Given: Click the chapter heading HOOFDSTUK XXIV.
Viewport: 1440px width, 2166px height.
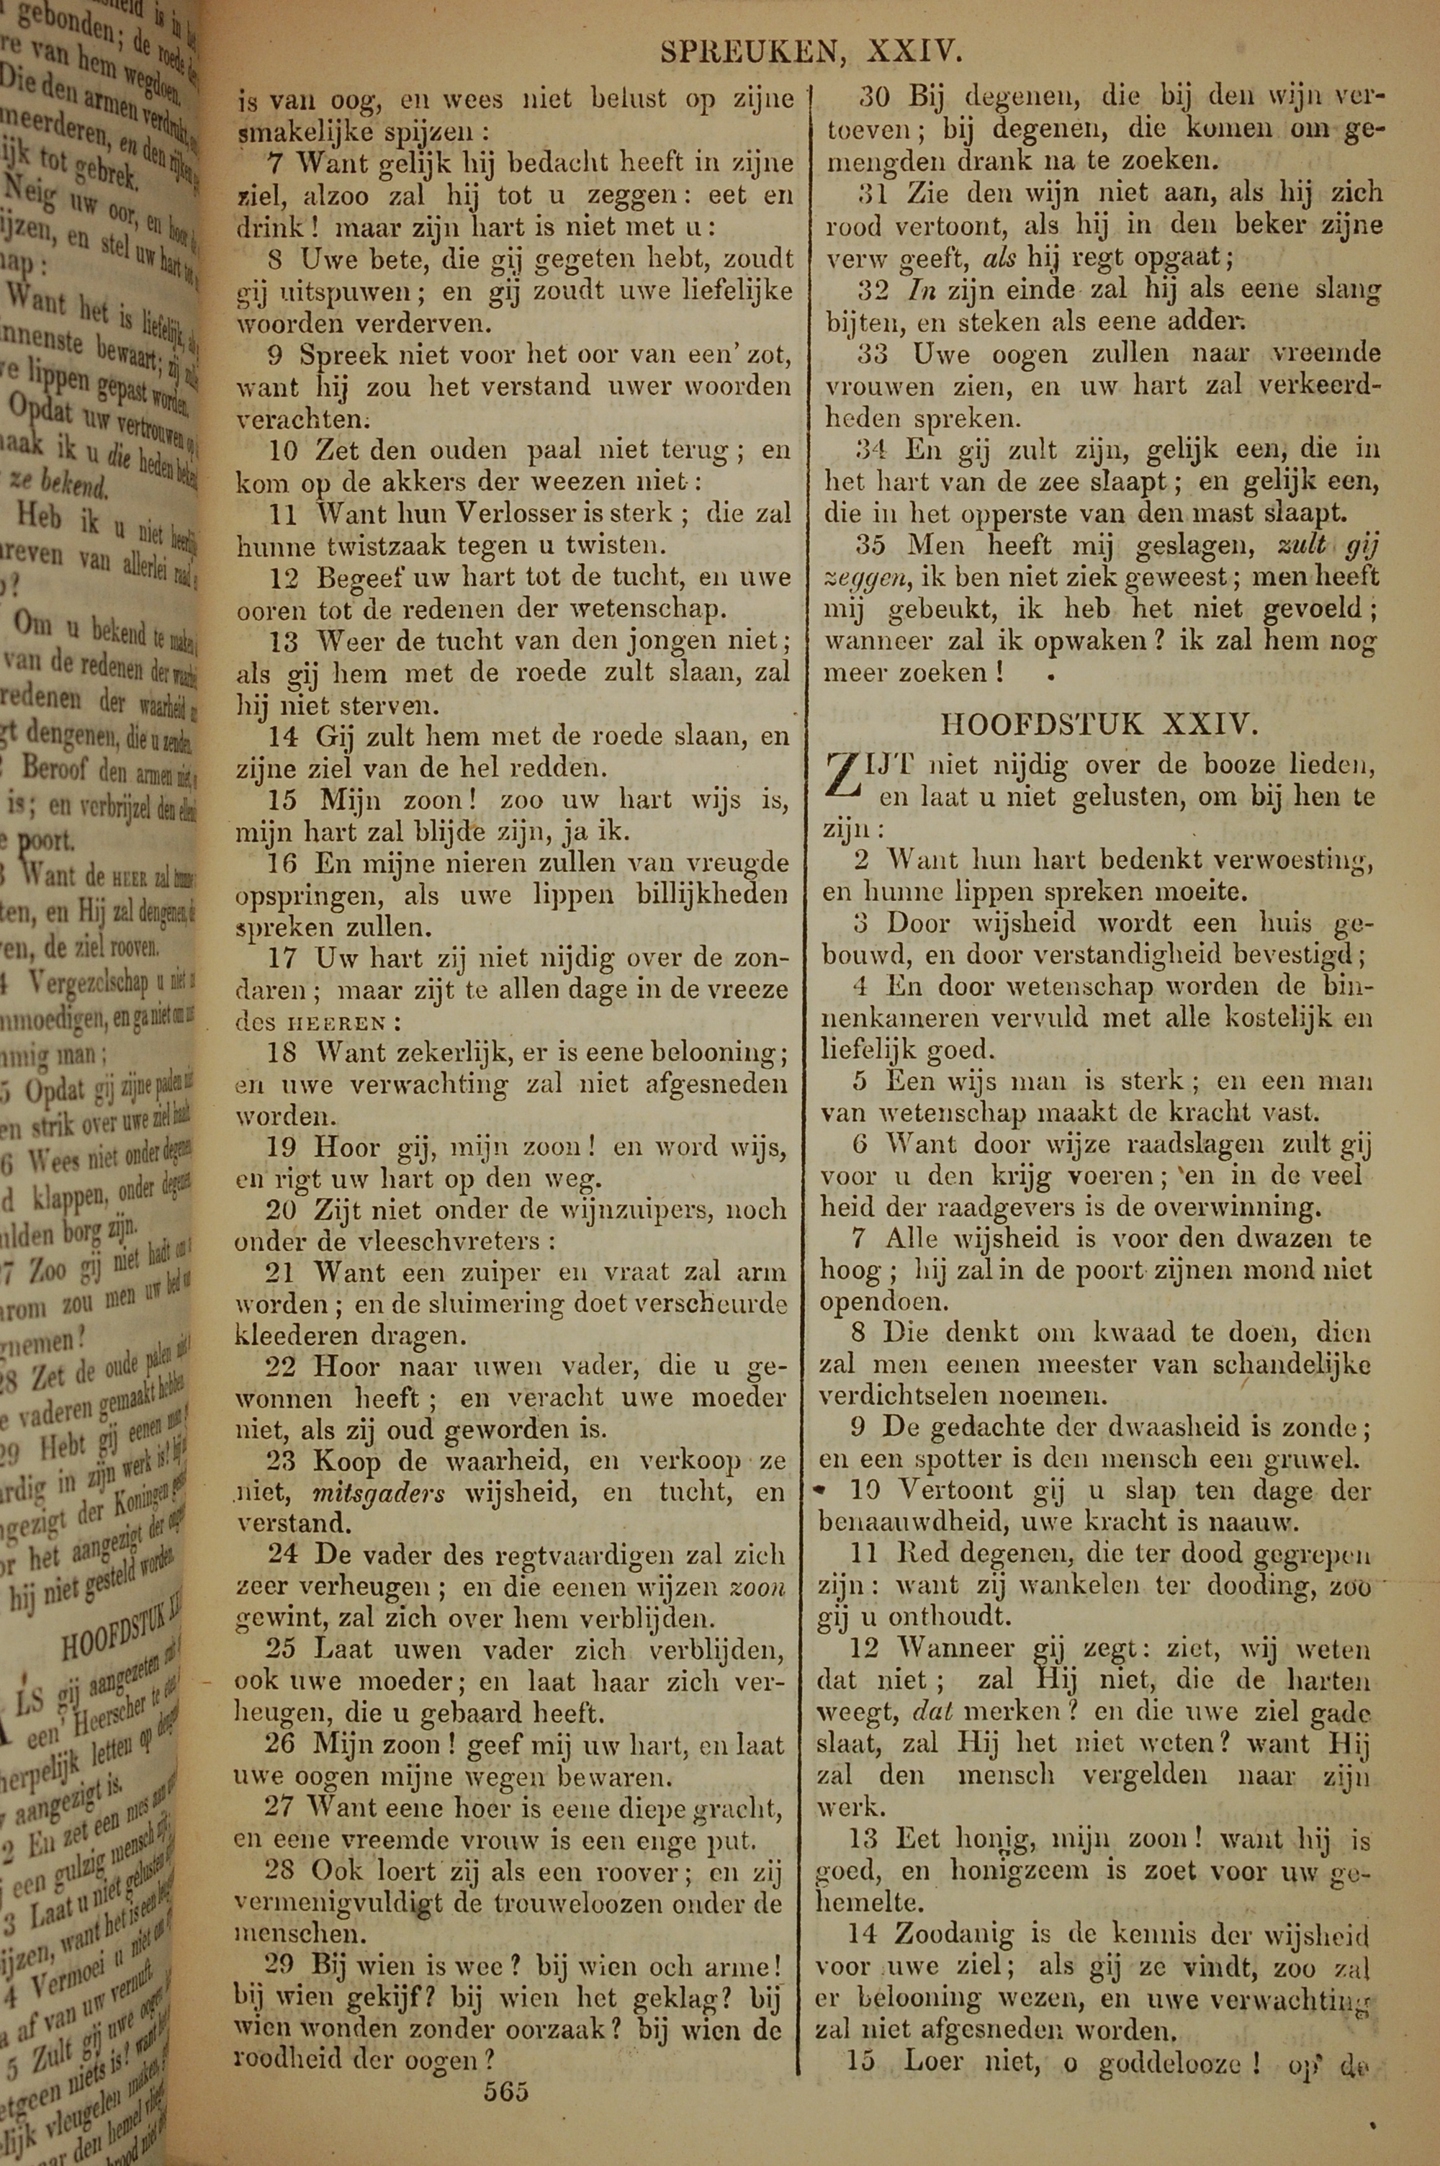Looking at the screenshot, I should [1099, 725].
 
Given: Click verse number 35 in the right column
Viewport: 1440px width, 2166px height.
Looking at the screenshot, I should [870, 544].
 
